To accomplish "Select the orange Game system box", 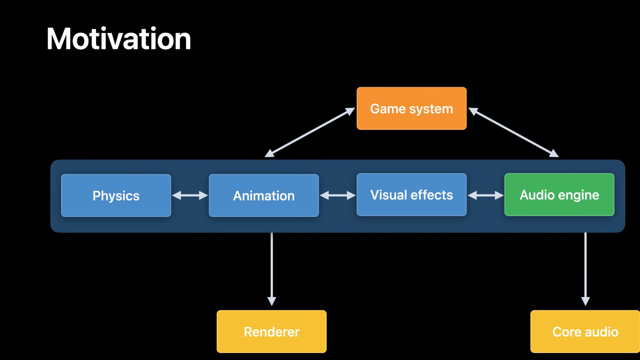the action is [x=411, y=108].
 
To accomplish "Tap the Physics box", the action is [x=116, y=195].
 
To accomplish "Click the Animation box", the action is [x=264, y=195].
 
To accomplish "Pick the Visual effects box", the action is [x=411, y=195].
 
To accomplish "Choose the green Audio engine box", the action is [x=559, y=195].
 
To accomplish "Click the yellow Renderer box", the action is [x=272, y=332].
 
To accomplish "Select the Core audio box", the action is [x=585, y=332].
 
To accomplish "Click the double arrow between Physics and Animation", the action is [x=190, y=195].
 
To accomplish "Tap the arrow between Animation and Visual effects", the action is [x=338, y=195].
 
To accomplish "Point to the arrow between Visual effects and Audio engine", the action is [x=486, y=195].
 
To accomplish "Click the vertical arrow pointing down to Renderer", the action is [x=272, y=269].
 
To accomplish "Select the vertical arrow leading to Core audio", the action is [x=585, y=269].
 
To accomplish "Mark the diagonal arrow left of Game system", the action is [x=310, y=132].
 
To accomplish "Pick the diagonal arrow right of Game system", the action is [x=513, y=132].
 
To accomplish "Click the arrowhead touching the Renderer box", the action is [x=272, y=301].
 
